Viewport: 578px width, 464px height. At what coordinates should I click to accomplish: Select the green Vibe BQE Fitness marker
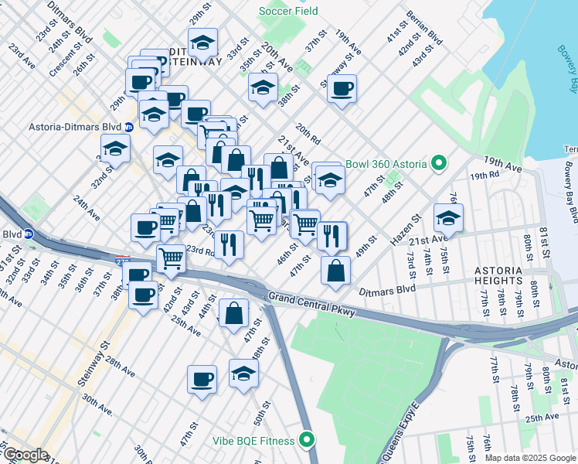(x=307, y=441)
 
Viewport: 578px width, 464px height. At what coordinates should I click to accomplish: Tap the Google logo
(x=25, y=455)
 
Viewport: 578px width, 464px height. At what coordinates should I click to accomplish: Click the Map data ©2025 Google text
(x=530, y=458)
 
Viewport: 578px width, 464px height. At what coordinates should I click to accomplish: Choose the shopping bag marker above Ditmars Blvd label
(x=335, y=271)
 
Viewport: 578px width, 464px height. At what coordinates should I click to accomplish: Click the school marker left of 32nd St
(x=115, y=148)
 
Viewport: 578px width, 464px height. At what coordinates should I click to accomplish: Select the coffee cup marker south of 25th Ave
(x=202, y=379)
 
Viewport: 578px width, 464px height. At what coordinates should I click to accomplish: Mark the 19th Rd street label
(x=485, y=176)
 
